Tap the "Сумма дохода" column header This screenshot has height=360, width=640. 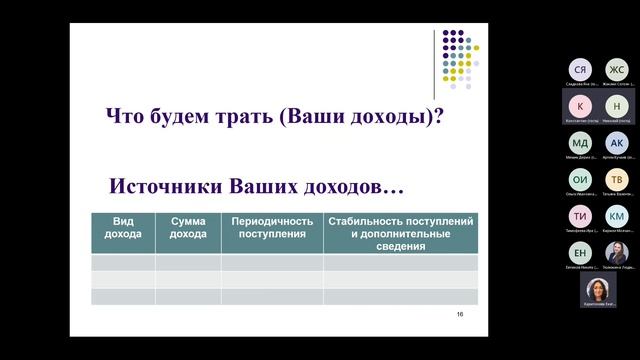[188, 228]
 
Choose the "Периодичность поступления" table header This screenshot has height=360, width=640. [272, 228]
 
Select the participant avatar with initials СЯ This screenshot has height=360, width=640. [581, 69]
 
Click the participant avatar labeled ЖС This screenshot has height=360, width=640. [617, 69]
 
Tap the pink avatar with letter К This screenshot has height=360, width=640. [581, 106]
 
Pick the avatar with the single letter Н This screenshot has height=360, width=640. [617, 106]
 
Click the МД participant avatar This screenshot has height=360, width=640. [581, 143]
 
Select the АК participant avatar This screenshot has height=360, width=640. [617, 143]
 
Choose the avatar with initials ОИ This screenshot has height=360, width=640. [581, 180]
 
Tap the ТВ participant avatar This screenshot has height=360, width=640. [617, 180]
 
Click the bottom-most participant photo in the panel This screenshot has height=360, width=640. [599, 288]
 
